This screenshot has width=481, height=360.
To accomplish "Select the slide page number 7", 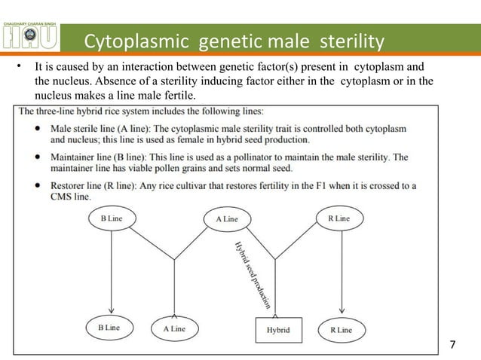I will [x=452, y=345].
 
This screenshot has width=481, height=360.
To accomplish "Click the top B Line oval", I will [x=112, y=218].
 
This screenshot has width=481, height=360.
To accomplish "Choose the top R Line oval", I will [x=339, y=218].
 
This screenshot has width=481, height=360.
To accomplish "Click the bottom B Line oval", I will [x=112, y=330].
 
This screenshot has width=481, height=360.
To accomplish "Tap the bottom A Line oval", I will [x=173, y=329].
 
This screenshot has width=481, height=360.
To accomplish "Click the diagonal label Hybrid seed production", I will [x=252, y=275].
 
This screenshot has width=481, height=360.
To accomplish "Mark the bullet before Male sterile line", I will [x=38, y=130].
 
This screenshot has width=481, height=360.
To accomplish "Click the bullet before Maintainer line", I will [x=38, y=157].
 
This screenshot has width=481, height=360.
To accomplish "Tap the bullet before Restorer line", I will [x=38, y=186].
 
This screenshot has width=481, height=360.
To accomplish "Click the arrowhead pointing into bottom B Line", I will [x=112, y=313].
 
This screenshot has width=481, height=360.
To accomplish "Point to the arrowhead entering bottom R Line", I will [x=344, y=313].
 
